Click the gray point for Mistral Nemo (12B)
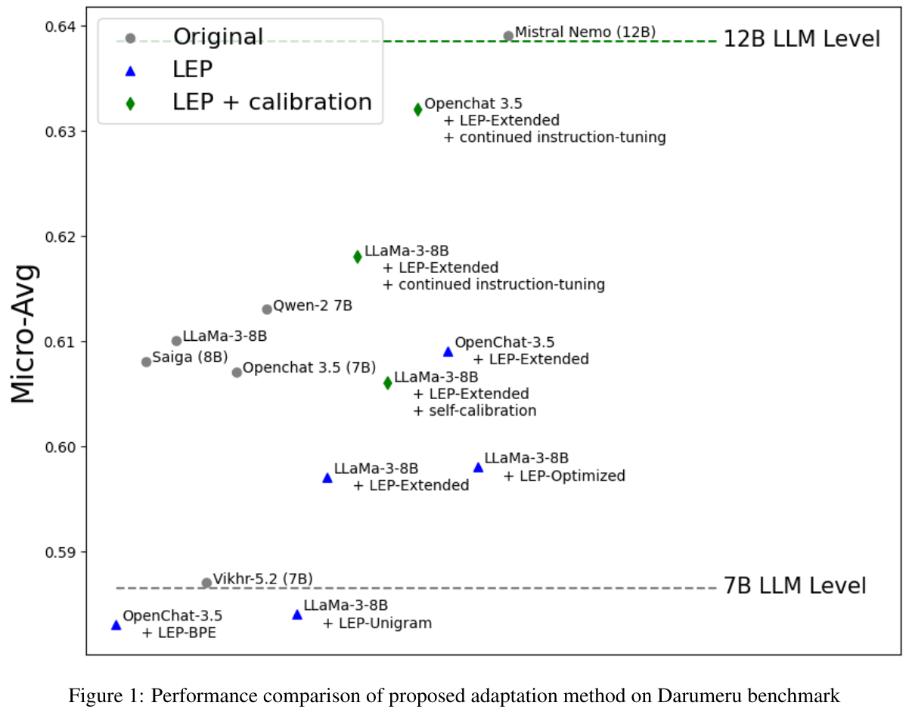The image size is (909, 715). (508, 36)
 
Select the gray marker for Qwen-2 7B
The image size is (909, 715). (267, 309)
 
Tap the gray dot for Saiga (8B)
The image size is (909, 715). (147, 362)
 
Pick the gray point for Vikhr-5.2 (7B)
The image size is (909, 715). (206, 583)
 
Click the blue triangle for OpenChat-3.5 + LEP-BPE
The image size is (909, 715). (116, 625)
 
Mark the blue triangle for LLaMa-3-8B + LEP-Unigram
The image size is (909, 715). (297, 614)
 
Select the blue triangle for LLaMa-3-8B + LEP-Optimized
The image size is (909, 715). (478, 467)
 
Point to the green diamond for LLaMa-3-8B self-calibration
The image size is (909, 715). (388, 383)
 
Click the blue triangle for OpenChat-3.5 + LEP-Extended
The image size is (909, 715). (448, 351)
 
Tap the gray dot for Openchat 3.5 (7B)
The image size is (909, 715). (237, 372)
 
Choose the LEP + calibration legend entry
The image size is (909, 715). (272, 102)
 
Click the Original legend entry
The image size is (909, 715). (218, 36)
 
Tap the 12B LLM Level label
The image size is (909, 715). (802, 39)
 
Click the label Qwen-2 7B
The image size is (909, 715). (312, 306)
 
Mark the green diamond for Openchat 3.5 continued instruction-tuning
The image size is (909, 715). (418, 110)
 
